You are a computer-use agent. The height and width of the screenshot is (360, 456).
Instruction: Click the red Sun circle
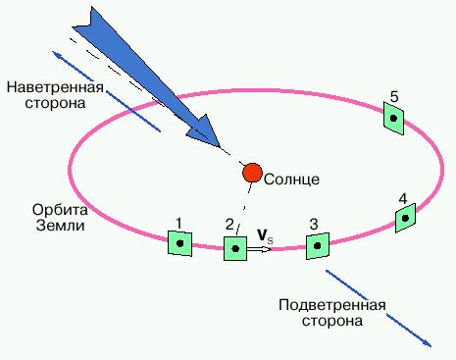[252, 173]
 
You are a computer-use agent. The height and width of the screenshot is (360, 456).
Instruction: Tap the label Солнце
[291, 180]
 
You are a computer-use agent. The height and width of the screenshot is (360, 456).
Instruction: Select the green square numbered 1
[179, 243]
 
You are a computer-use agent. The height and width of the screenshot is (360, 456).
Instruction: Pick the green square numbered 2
[235, 248]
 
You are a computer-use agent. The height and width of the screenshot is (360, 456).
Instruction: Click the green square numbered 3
[318, 246]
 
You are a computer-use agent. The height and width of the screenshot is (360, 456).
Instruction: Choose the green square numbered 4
[405, 218]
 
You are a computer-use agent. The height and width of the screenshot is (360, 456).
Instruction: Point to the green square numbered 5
[393, 118]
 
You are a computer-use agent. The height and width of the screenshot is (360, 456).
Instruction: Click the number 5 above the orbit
[394, 97]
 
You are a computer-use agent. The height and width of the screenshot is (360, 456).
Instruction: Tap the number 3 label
[314, 225]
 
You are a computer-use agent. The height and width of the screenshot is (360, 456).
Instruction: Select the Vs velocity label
[265, 235]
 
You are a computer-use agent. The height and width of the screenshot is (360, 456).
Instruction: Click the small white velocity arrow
[259, 249]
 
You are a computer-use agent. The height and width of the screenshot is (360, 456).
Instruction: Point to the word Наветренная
[55, 87]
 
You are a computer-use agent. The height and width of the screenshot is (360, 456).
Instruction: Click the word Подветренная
[332, 305]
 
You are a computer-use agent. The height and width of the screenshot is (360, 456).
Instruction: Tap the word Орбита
[60, 210]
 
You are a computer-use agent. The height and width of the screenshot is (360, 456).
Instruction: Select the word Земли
[61, 226]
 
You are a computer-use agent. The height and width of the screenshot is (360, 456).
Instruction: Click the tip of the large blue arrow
[219, 146]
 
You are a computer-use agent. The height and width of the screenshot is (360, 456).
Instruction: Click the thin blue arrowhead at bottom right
[429, 343]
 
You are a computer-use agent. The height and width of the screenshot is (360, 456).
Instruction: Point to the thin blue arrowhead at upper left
[56, 54]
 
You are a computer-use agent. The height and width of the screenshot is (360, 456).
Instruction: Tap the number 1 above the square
[178, 224]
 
